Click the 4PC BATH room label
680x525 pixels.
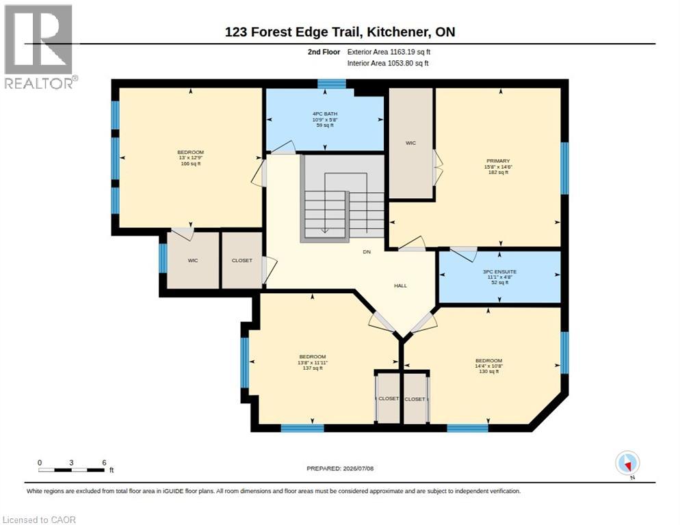[x=325, y=113]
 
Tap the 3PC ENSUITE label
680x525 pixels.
[x=499, y=272]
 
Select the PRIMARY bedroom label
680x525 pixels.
[x=498, y=161]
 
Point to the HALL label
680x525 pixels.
[x=400, y=286]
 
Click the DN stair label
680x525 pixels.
[x=367, y=252]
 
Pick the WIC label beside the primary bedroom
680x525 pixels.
[x=410, y=143]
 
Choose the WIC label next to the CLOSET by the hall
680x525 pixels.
[x=193, y=260]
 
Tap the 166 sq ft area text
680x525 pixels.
[x=190, y=164]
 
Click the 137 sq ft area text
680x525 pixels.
[x=312, y=368]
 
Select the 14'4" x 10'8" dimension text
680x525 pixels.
[x=488, y=366]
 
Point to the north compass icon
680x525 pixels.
[x=627, y=463]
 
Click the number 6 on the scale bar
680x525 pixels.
[x=104, y=463]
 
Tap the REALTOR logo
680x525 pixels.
[x=39, y=46]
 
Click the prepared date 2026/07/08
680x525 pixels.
[x=358, y=469]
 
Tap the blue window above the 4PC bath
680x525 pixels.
[x=331, y=83]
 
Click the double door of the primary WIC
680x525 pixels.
[x=438, y=167]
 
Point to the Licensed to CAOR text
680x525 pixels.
[x=39, y=520]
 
